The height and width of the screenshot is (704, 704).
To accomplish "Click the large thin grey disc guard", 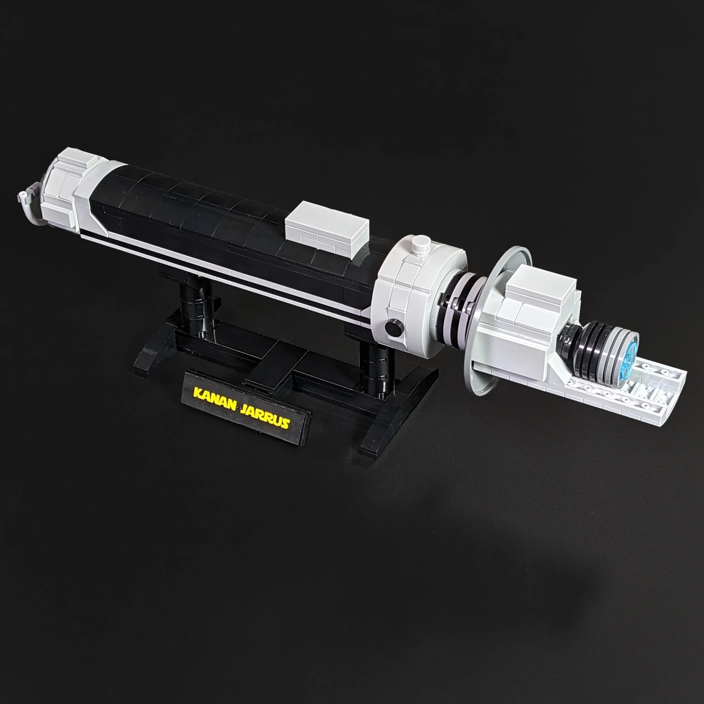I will coord(485,364).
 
